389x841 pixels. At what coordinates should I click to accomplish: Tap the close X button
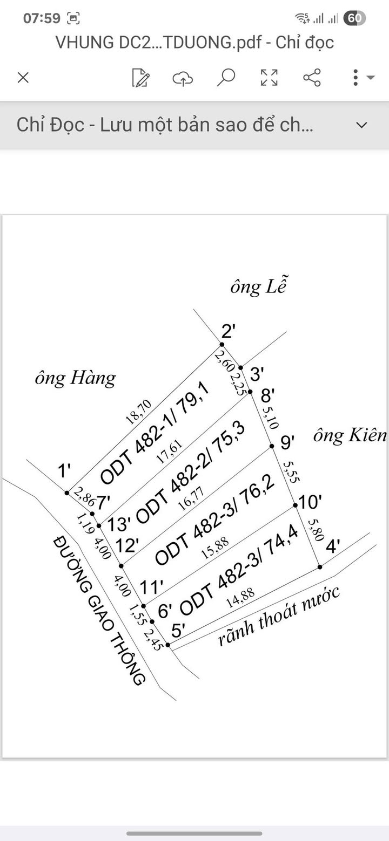pos(23,78)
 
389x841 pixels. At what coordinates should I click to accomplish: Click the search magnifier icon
pos(226,77)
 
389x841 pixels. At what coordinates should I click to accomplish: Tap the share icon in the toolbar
pos(312,78)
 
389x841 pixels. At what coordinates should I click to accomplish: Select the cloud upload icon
pos(183,78)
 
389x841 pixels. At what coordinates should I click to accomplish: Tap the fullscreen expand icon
pos(269,78)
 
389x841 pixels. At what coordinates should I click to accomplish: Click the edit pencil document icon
pos(140,78)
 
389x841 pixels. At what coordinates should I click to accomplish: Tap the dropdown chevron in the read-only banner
pos(361,125)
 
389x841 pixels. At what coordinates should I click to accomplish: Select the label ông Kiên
pos(350,435)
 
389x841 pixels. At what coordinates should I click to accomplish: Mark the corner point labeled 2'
pos(222,344)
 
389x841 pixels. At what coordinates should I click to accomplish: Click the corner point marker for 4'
pos(320,566)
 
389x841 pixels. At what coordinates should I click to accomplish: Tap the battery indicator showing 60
pos(354,18)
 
